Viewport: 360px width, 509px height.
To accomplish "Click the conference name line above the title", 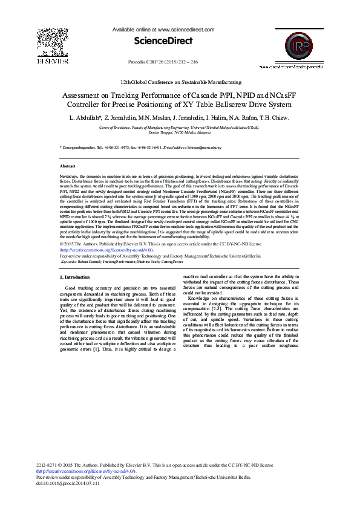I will click(x=180, y=82).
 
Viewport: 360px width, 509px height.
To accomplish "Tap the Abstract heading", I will click(x=68, y=165).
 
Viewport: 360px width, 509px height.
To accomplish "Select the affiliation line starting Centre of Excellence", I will click(x=179, y=128).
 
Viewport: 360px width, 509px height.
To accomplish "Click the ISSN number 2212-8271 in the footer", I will click(x=48, y=465).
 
